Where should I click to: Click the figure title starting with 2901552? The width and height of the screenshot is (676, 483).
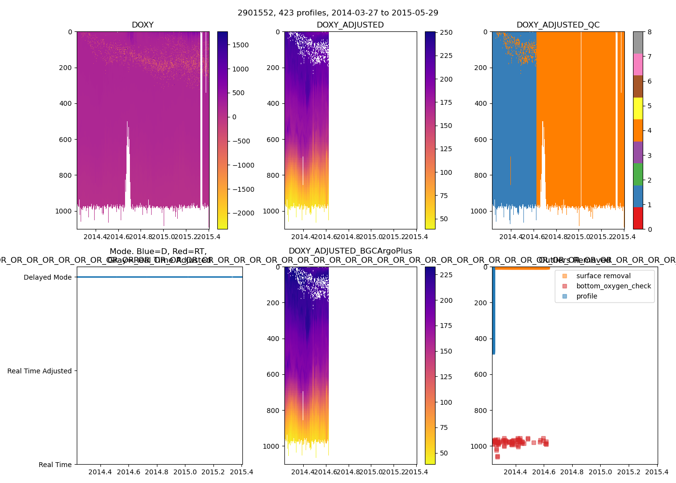coord(338,13)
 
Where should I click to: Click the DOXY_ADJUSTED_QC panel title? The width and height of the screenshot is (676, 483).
coord(558,25)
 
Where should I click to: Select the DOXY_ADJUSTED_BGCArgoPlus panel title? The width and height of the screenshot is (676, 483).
coord(350,251)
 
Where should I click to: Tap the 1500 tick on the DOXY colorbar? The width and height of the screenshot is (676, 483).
coord(240,45)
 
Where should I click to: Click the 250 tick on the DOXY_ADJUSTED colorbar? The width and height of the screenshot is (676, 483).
coord(446,32)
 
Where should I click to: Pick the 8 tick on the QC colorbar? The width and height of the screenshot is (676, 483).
coord(649,32)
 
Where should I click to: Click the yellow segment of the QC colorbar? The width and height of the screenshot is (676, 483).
coord(638,108)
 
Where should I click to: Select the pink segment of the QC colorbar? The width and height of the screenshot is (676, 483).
coord(638,64)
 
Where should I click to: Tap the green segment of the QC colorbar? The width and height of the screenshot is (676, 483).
coord(638,174)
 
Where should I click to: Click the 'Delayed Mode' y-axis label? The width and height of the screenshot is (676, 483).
coord(47,277)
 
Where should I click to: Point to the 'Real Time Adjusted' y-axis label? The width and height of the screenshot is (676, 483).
coord(39,371)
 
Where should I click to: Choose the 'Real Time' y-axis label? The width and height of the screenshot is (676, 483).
coord(55,465)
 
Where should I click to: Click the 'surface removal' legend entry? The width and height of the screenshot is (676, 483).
coord(603,276)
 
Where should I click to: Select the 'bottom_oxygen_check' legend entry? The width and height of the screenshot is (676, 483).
coord(613,286)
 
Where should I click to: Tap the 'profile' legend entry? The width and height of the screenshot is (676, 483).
coord(587,296)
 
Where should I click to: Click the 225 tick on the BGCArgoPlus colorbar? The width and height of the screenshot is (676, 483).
coord(446,275)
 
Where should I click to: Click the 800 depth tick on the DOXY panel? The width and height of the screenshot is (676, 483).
coord(65,175)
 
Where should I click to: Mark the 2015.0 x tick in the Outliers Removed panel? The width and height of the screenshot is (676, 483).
coord(600,472)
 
